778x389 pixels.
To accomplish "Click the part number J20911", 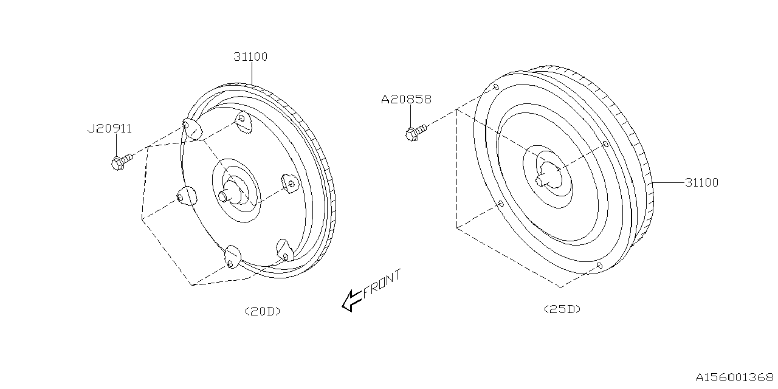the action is tap(109, 128).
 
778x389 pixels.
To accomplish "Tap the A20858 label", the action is tap(406, 99).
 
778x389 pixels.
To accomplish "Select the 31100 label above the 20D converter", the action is tap(250, 57).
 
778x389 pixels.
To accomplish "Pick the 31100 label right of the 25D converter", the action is tap(701, 182).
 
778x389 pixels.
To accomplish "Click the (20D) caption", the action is tap(263, 311).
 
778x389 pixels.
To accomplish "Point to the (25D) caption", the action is tap(562, 309).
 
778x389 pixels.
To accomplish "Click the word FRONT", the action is tap(382, 283).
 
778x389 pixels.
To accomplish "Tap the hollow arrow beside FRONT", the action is tap(352, 301).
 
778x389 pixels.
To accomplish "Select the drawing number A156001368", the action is tap(735, 377).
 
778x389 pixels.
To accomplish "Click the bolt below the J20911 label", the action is tap(122, 162).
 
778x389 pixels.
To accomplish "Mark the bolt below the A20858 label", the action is tap(416, 133).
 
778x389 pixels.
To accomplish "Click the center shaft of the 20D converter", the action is tap(227, 195).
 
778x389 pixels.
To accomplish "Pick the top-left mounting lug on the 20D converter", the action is tap(192, 129).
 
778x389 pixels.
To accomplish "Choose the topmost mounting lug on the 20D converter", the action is tap(244, 122).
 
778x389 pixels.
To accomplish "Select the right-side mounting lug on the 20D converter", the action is tap(290, 183).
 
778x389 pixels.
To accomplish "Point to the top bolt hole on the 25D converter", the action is tap(496, 87).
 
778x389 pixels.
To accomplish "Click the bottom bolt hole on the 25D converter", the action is tap(599, 266).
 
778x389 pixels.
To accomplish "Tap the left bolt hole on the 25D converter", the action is tap(500, 204).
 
